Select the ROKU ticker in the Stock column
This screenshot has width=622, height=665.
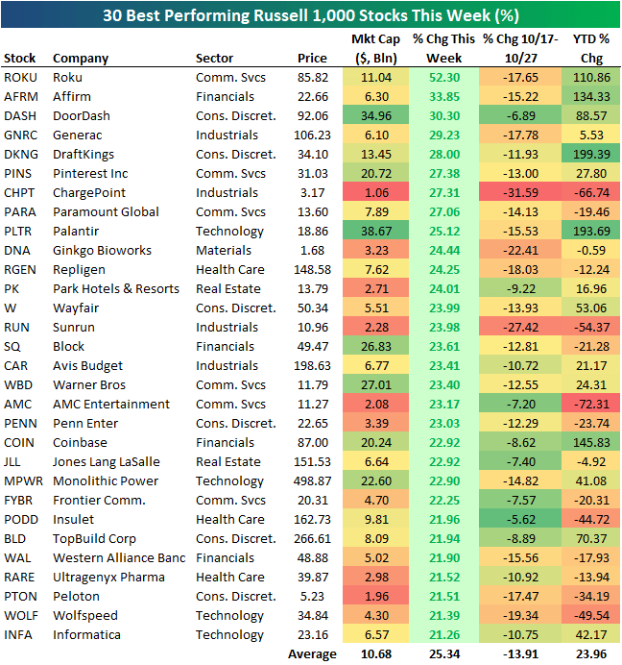pos(19,77)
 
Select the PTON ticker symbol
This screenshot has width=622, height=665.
pos(20,596)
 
